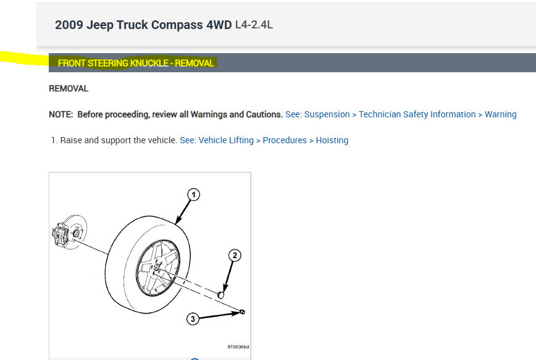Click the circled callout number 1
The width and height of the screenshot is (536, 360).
tap(193, 195)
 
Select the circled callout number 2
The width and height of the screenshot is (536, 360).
tap(235, 256)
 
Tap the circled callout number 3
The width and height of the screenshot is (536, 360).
tap(193, 319)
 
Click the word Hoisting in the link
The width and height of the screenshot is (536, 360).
tap(332, 141)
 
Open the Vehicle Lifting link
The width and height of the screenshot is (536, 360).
tap(226, 141)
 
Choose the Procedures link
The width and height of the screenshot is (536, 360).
tap(285, 140)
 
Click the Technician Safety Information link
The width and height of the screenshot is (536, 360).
tap(417, 114)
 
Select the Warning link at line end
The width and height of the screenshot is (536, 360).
tap(500, 114)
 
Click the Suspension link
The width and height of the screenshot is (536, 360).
tap(327, 114)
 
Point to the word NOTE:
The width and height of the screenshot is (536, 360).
tap(61, 114)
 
